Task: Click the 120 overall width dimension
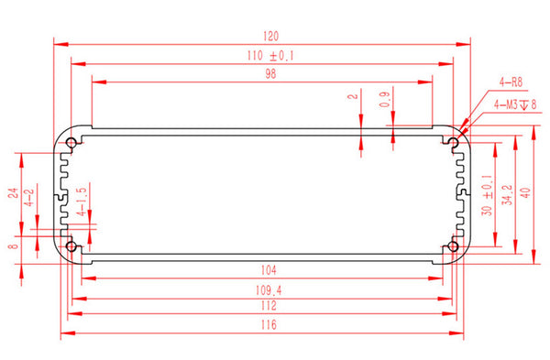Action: (270, 36)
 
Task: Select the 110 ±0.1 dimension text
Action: (270, 56)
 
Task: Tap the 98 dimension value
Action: (270, 73)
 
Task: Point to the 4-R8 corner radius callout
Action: (511, 82)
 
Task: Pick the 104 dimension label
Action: (269, 270)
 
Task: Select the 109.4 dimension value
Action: (269, 290)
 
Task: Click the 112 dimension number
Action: (269, 305)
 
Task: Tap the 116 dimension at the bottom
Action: (269, 324)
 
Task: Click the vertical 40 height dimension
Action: (525, 192)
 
